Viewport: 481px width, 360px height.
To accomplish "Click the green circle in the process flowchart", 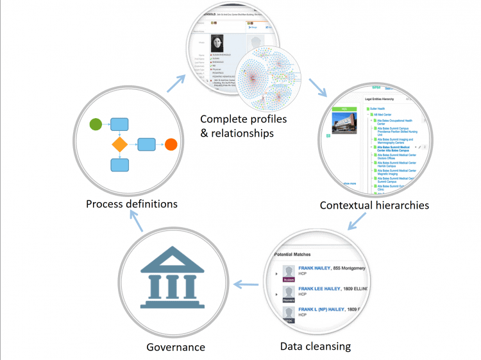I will click(x=95, y=124).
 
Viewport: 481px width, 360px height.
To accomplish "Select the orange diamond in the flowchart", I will click(x=120, y=144).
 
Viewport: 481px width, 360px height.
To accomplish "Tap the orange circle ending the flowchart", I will click(x=171, y=144).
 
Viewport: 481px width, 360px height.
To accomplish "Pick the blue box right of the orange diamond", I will click(x=146, y=144).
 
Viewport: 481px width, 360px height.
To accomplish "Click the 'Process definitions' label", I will click(x=131, y=204).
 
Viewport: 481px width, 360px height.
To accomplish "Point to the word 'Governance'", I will click(x=175, y=347).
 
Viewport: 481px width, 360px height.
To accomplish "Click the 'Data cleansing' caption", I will click(x=316, y=346).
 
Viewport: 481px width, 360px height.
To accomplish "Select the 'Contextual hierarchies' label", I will click(x=375, y=205).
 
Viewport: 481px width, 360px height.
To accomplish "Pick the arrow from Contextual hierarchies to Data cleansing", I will click(x=357, y=222).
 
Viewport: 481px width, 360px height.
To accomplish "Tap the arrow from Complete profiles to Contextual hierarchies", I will click(x=316, y=88).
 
